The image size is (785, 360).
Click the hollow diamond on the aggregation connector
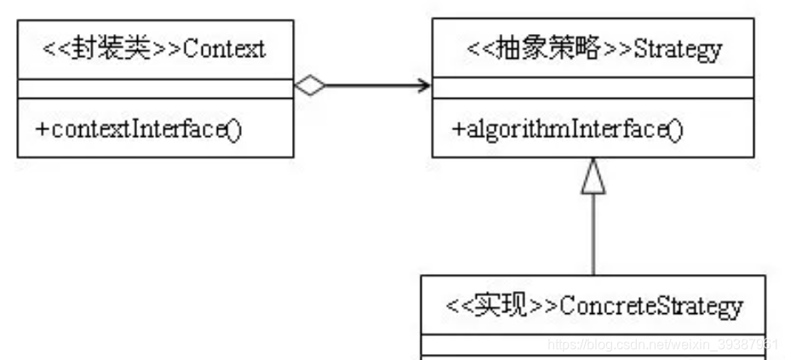pyautogui.click(x=311, y=85)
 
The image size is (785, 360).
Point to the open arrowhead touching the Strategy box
pyautogui.click(x=422, y=85)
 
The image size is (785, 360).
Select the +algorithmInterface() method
pyautogui.click(x=567, y=129)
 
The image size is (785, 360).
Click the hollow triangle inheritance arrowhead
pyautogui.click(x=593, y=177)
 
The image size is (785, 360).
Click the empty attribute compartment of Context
pyautogui.click(x=156, y=89)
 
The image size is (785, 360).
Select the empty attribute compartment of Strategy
pyautogui.click(x=593, y=89)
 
